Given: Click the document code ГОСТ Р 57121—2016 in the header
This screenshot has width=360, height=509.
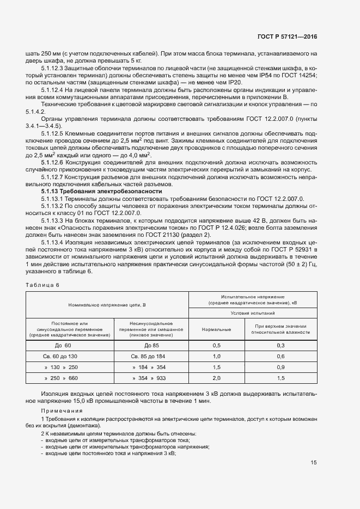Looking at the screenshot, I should [287, 37].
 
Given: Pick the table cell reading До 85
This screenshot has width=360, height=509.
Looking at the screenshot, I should [151, 346].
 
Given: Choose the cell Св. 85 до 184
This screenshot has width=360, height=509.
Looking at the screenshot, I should [151, 357].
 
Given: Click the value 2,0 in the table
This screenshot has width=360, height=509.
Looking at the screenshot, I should [216, 378].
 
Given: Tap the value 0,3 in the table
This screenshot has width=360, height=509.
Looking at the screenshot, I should [281, 346].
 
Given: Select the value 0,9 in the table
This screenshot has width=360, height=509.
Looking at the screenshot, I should [281, 367].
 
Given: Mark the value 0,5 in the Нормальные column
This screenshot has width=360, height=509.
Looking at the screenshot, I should [216, 346].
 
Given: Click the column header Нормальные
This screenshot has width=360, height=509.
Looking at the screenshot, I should [216, 329].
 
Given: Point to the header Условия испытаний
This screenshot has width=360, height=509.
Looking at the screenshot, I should [253, 314].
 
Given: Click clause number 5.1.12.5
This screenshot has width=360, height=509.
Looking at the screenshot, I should [52, 133].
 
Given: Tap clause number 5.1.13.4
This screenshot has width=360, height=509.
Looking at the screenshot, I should [52, 242].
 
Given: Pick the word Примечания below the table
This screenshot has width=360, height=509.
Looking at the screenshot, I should [62, 410].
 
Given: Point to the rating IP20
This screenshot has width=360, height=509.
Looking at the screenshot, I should [235, 82].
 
